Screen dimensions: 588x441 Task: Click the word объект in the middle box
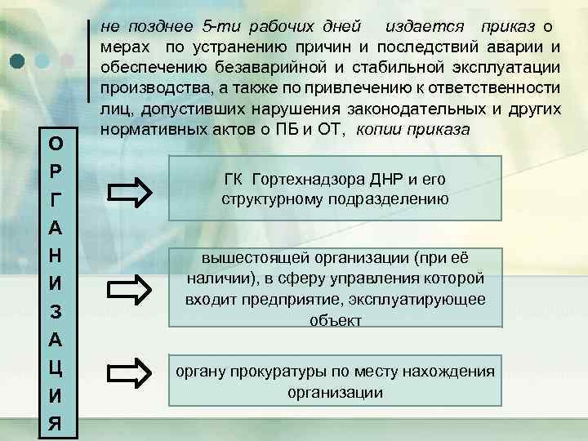pyautogui.click(x=335, y=320)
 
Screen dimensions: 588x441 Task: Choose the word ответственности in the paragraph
pyautogui.click(x=506, y=87)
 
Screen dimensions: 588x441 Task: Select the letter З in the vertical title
pyautogui.click(x=54, y=312)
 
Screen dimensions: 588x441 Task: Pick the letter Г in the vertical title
pyautogui.click(x=54, y=201)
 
